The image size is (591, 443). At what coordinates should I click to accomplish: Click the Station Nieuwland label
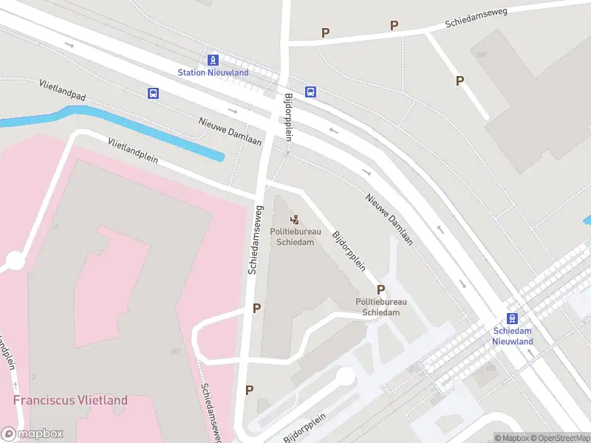click(x=213, y=72)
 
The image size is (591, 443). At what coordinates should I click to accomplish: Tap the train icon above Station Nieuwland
click(x=213, y=60)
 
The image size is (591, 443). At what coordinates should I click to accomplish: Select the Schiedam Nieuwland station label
click(x=513, y=337)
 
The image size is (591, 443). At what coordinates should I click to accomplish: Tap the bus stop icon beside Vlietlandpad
click(x=153, y=94)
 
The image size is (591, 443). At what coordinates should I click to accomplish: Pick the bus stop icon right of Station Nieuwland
click(x=311, y=92)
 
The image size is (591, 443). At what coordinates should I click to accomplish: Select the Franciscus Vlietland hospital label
click(x=70, y=400)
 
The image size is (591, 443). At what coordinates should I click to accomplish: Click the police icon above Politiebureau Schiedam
click(x=295, y=219)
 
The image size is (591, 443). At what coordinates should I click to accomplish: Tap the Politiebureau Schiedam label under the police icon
click(x=295, y=236)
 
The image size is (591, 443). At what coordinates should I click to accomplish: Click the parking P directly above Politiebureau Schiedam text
click(x=381, y=289)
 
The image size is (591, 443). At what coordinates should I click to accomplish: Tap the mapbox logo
click(x=33, y=434)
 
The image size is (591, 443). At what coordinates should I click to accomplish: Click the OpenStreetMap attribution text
click(x=559, y=438)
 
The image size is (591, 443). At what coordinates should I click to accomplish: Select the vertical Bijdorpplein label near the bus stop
click(x=289, y=117)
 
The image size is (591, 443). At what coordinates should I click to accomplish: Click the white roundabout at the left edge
click(x=14, y=260)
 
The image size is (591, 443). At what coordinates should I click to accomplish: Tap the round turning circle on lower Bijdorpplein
click(x=345, y=377)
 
